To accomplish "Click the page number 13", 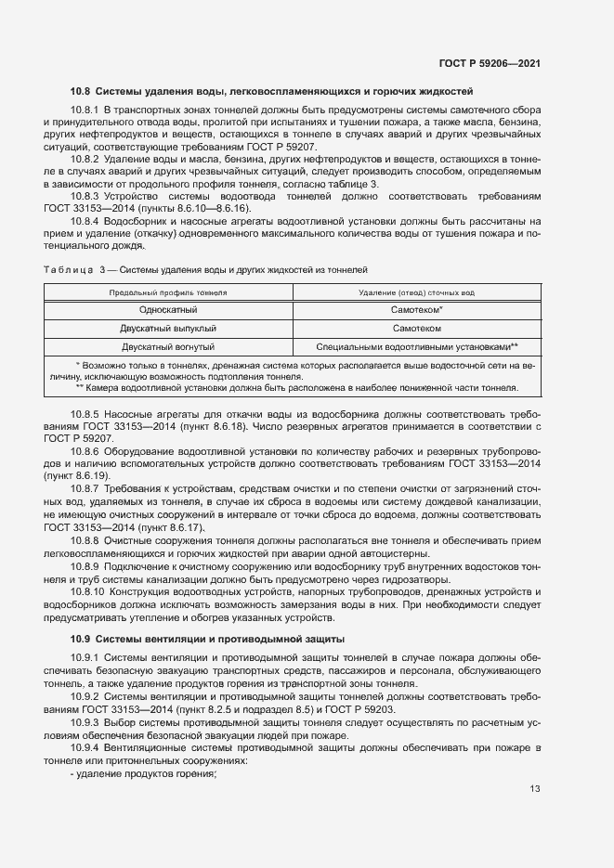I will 534,790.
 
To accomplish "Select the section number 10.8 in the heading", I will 81,92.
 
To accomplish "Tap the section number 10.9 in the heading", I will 81,639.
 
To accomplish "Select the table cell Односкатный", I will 168,310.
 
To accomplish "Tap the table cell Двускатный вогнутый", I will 168,346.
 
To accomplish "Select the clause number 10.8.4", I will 85,222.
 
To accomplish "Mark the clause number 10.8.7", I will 85,488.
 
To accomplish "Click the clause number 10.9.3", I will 85,721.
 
